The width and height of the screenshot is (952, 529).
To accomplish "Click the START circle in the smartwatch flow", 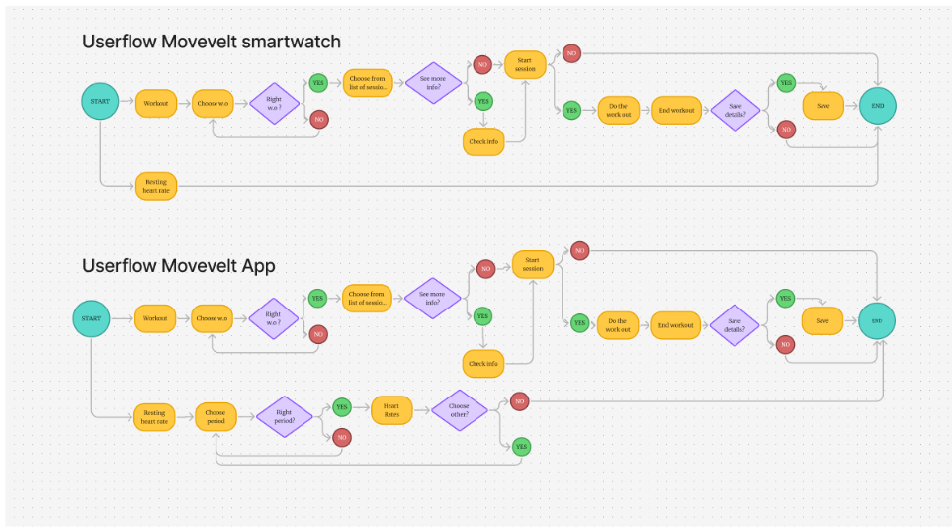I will pos(100,102).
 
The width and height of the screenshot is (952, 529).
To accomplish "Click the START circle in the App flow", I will pos(92,318).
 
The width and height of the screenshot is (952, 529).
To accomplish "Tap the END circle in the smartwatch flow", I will pos(877,105).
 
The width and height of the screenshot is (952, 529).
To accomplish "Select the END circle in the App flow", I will pos(876,320).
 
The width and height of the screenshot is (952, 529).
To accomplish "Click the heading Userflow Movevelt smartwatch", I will pos(212,42).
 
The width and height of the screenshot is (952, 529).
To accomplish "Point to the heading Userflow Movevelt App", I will pos(179,265).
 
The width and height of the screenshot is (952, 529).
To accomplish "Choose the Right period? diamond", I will pos(285,417).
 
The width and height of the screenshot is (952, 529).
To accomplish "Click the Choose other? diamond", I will pos(459,409).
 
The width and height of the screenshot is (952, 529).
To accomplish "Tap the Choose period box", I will pos(215,417).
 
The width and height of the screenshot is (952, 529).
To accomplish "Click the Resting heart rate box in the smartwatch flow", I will pos(156,186).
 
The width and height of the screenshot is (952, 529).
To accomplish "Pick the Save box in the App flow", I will pos(822,320).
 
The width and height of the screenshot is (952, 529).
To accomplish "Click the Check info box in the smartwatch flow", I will pos(482,141).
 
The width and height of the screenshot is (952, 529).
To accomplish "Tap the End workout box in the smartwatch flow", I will pos(677,110).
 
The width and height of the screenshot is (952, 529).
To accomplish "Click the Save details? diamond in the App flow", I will pos(734,324).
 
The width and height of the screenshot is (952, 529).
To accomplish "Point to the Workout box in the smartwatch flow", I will pos(156,103).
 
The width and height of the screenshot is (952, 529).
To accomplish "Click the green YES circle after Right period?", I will pos(342,406).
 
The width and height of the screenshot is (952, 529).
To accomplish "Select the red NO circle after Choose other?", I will pos(520,400).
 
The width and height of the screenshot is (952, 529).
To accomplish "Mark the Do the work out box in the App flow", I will pos(618,324).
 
